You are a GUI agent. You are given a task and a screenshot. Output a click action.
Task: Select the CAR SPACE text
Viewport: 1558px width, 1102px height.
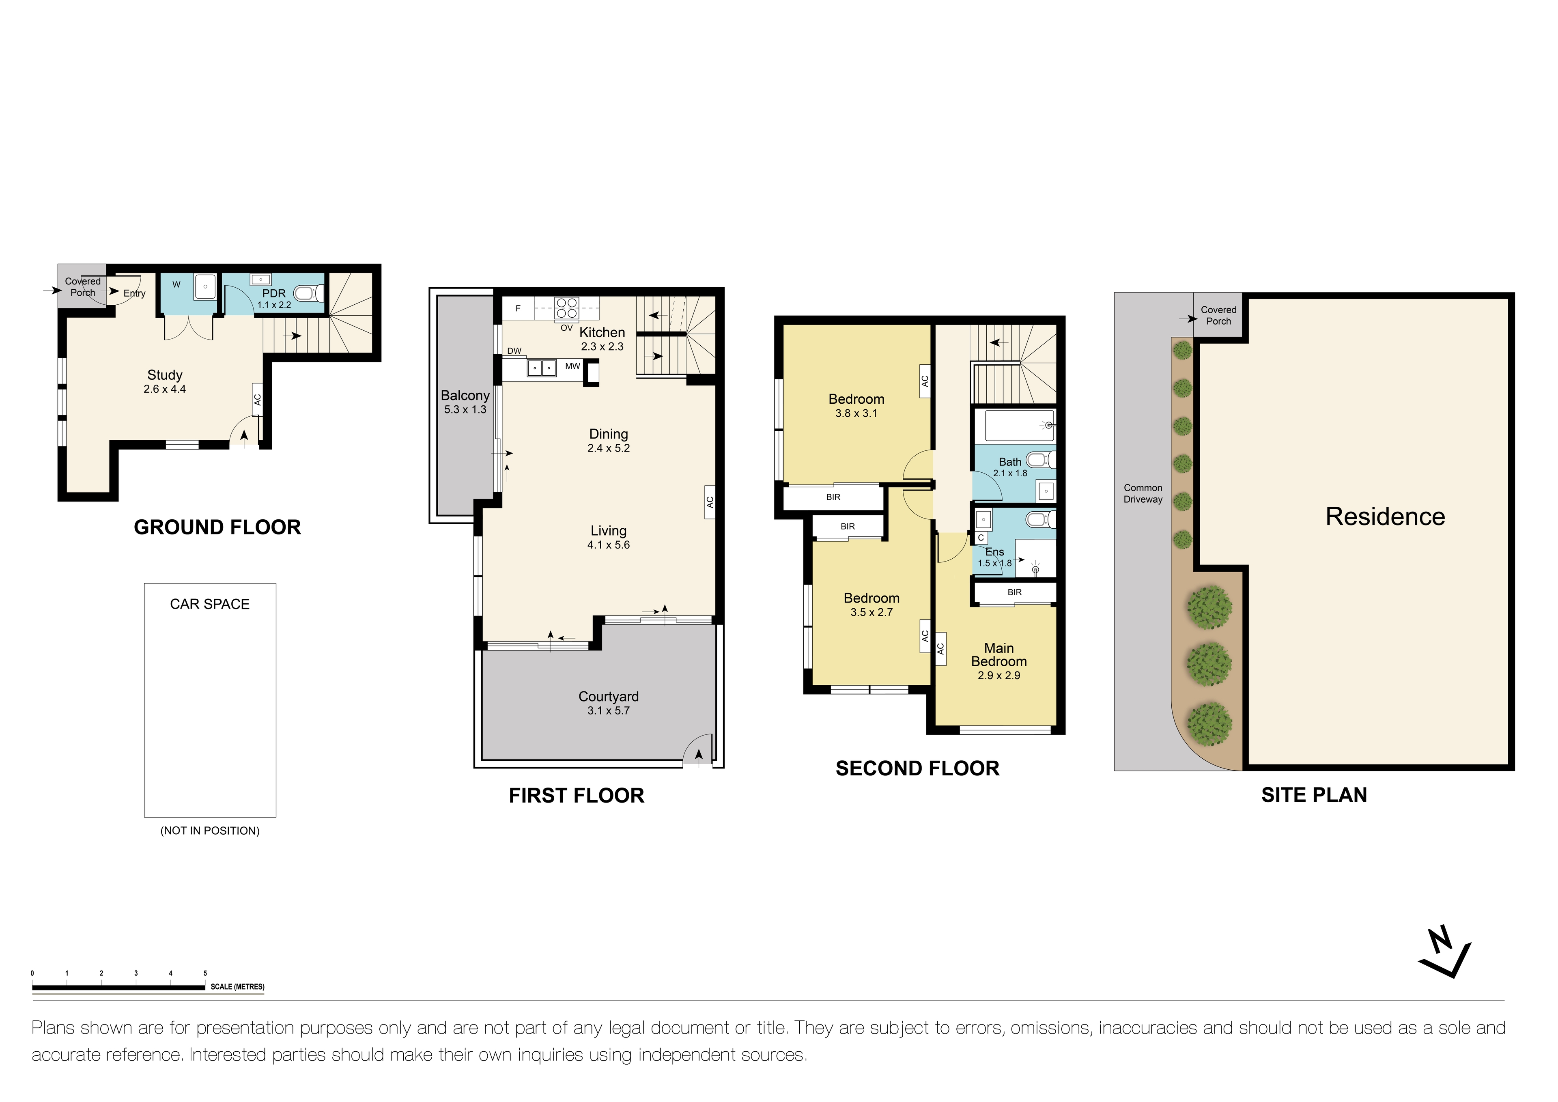tap(210, 604)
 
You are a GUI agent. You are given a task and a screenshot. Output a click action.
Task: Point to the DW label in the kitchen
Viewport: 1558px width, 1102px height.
tap(514, 351)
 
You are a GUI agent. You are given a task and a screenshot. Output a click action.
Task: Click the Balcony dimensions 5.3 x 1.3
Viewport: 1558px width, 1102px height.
tap(465, 410)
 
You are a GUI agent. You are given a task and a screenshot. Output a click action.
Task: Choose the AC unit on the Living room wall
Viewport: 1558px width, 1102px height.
tap(710, 502)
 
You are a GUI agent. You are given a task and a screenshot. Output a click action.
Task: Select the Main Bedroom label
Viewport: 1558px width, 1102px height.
tap(999, 655)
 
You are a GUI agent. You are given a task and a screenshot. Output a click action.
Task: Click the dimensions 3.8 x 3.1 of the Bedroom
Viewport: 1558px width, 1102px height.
tap(856, 413)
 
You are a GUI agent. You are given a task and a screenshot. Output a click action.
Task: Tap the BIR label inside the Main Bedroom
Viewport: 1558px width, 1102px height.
tap(1014, 592)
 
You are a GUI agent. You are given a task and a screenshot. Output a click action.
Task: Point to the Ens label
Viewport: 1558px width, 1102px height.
tap(994, 552)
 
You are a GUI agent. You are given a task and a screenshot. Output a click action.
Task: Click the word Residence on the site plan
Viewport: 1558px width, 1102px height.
tap(1385, 517)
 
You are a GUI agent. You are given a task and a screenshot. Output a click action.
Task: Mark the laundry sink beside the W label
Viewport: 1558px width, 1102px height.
tap(205, 287)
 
